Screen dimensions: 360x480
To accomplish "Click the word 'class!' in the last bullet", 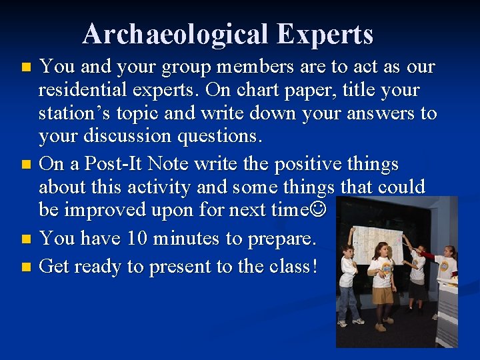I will tap(293, 267).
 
